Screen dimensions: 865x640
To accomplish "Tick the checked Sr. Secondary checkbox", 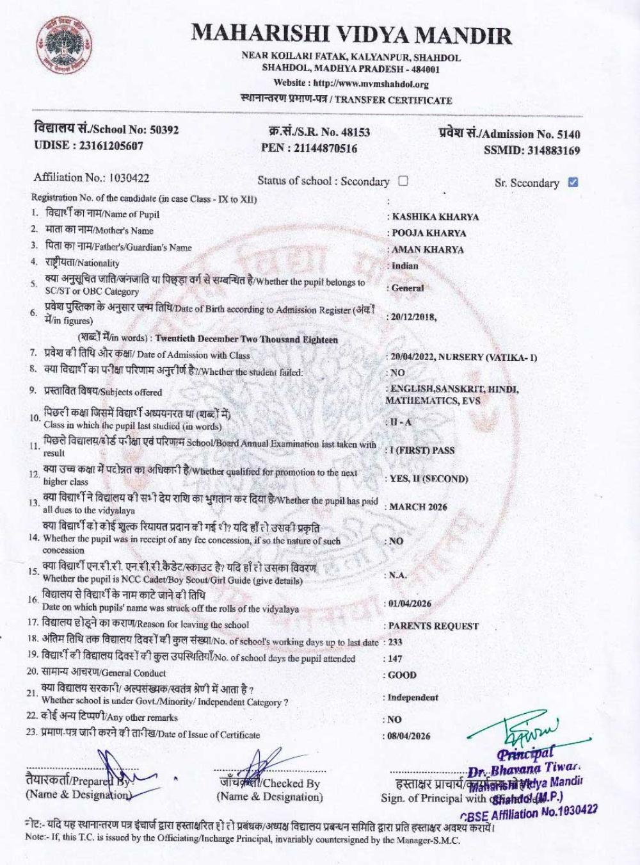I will coord(573,182).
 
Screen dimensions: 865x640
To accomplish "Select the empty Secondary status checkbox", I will coord(403,181).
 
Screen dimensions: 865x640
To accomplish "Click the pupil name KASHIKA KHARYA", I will coord(435,217).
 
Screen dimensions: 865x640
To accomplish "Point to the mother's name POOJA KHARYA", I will coord(429,233).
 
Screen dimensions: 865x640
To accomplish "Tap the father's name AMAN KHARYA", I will coord(428,249).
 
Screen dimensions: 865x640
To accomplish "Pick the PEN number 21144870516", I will coord(327,149).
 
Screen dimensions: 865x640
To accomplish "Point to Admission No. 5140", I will coord(566,134).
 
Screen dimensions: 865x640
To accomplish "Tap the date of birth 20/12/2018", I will coord(412,317).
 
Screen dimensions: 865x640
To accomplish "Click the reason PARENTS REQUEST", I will coord(433,626).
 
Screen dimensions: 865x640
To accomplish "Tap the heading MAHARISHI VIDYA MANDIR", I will coord(351,35).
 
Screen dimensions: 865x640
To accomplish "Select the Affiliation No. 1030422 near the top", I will coord(129,177).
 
